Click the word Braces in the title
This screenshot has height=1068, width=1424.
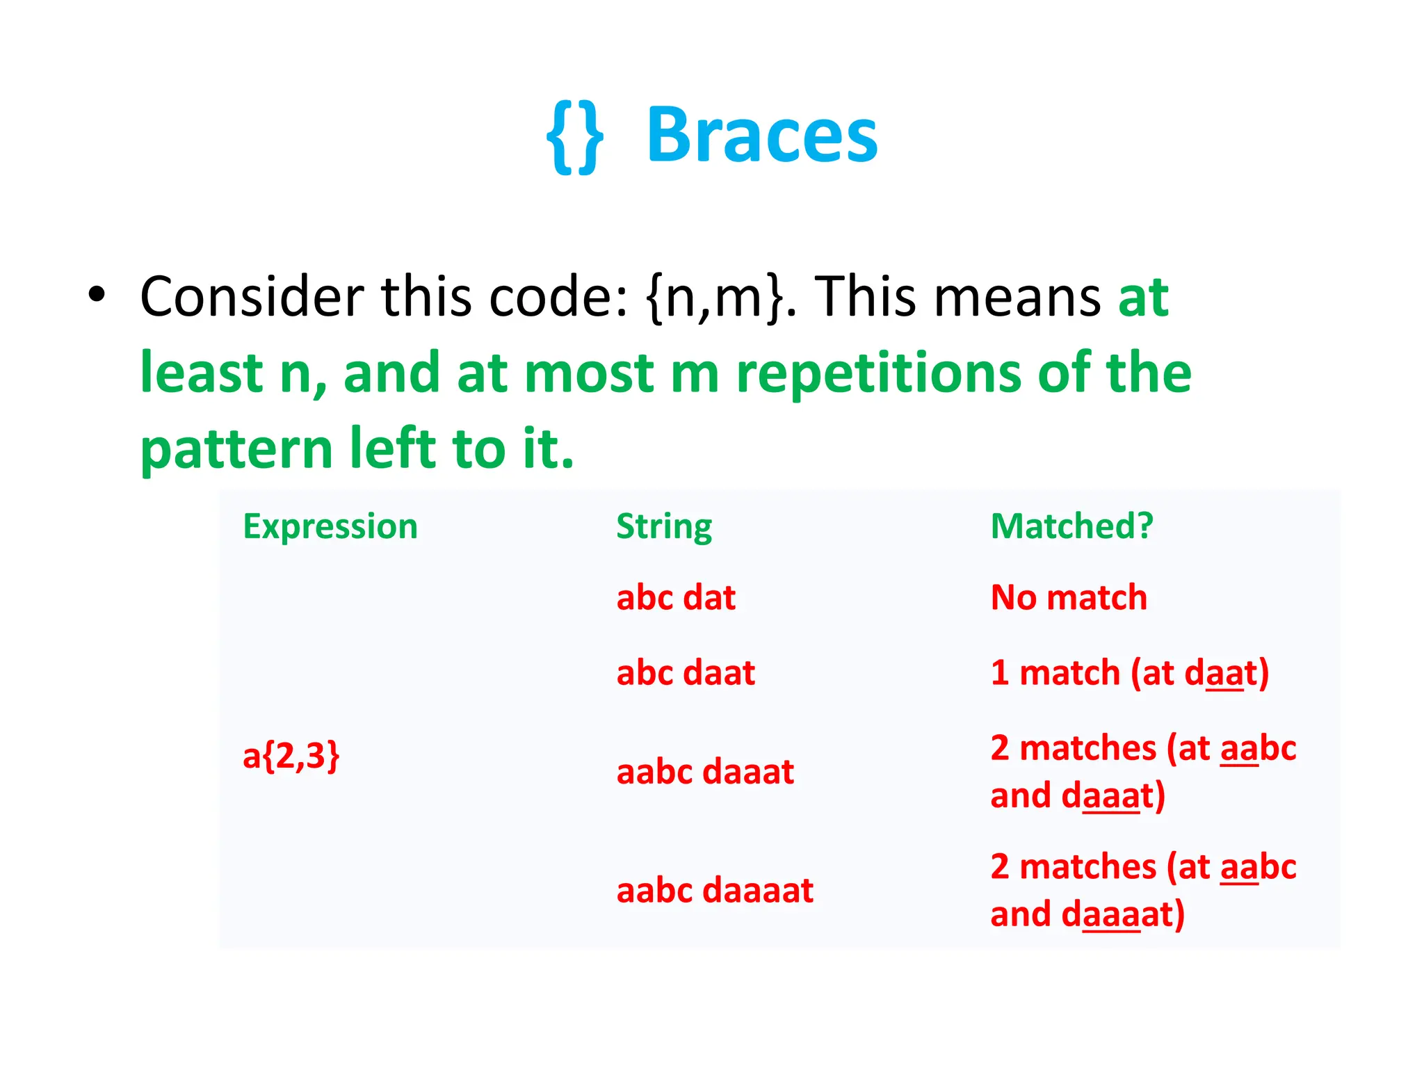click(x=762, y=136)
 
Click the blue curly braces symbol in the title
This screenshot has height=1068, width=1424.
click(x=574, y=137)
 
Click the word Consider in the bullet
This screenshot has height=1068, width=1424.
click(x=252, y=297)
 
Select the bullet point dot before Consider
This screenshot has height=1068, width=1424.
click(x=97, y=295)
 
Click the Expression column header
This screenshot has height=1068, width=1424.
click(x=330, y=526)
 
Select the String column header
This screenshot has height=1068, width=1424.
click(x=664, y=526)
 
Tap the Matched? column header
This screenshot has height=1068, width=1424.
click(x=1071, y=526)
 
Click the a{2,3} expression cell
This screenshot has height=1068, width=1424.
click(x=291, y=756)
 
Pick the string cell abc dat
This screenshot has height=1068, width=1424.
click(x=676, y=598)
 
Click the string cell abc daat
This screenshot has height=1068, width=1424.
click(x=686, y=673)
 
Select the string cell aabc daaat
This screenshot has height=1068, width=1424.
click(x=705, y=772)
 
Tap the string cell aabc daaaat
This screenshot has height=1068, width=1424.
click(x=715, y=891)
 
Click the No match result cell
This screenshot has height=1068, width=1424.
click(x=1069, y=598)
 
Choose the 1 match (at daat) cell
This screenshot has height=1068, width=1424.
click(x=1130, y=673)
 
